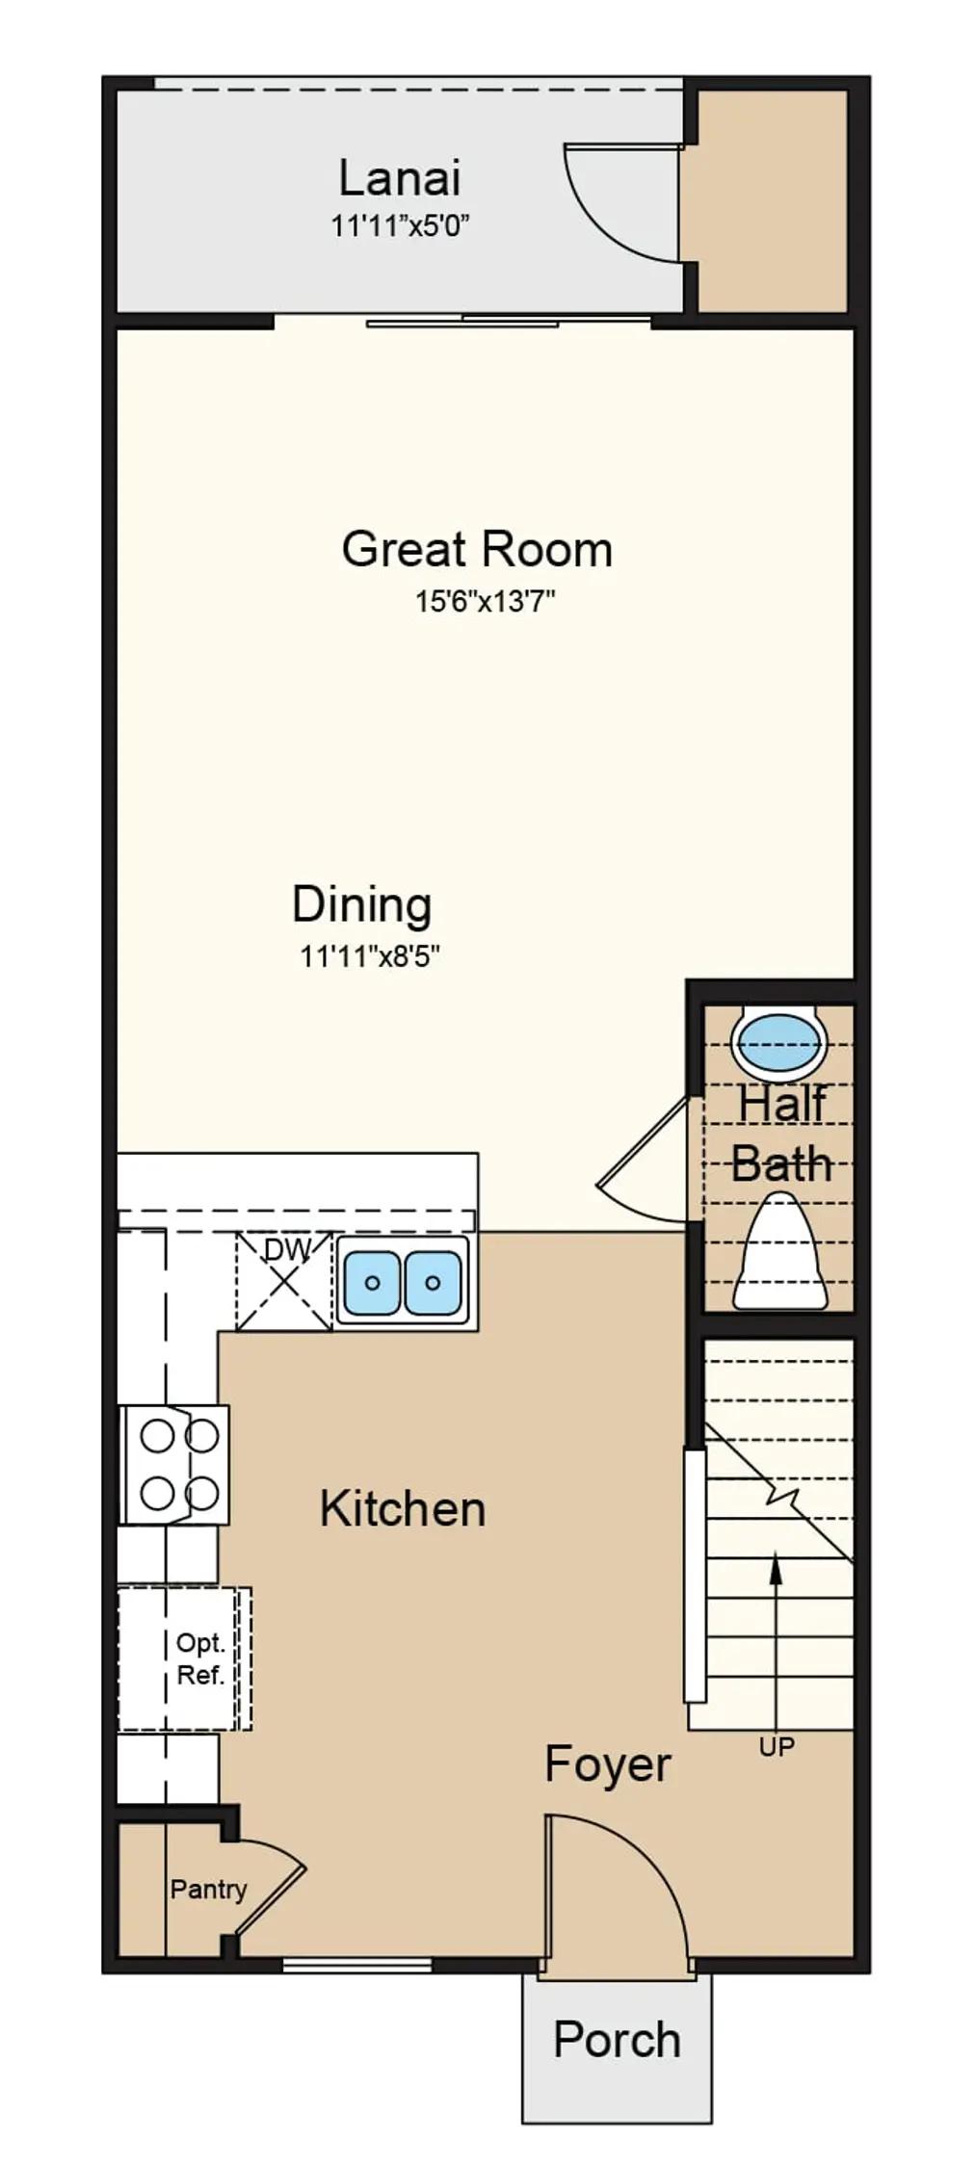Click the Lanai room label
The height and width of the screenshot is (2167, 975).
click(400, 178)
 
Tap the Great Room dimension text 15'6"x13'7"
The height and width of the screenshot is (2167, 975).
click(486, 602)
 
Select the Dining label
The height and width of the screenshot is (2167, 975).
click(362, 904)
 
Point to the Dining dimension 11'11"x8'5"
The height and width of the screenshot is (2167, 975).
click(370, 956)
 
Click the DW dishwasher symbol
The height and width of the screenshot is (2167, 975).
click(285, 1281)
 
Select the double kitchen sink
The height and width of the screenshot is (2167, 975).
click(403, 1281)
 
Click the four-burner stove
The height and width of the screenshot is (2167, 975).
click(174, 1464)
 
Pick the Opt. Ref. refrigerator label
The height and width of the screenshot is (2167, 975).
click(200, 1658)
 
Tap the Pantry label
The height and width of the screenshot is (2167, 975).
click(208, 1889)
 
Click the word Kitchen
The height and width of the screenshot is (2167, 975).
click(403, 1508)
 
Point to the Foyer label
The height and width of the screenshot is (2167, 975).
click(608, 1764)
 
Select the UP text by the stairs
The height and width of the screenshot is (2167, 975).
click(777, 1746)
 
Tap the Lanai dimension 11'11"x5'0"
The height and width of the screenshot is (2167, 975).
click(400, 226)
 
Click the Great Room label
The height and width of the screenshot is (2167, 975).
click(477, 549)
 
